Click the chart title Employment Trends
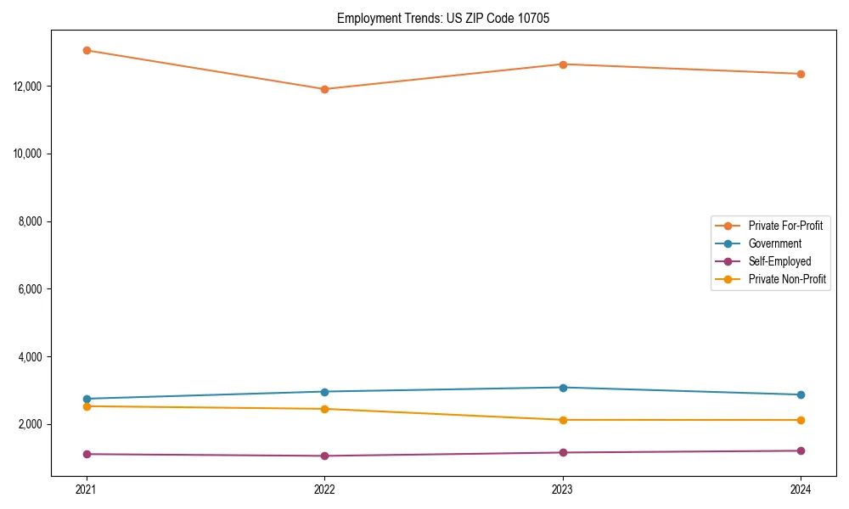click(x=443, y=18)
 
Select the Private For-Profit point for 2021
click(x=87, y=50)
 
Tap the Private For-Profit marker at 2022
click(x=324, y=89)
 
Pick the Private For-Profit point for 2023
click(x=563, y=64)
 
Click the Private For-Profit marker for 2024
click(x=801, y=74)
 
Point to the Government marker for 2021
click(x=87, y=399)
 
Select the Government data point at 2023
click(x=563, y=388)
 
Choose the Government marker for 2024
click(x=801, y=394)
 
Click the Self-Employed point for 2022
click(x=324, y=456)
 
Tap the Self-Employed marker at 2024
click(x=801, y=450)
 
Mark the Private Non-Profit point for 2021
click(x=87, y=406)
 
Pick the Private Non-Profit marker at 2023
click(x=563, y=420)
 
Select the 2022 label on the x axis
click(x=324, y=489)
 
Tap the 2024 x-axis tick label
click(x=801, y=489)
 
